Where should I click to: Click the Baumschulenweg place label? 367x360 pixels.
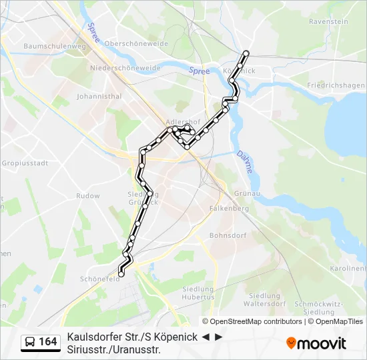(45, 46)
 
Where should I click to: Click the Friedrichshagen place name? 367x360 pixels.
(336, 85)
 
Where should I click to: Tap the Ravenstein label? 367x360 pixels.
(329, 21)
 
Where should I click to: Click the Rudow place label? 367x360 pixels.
(88, 196)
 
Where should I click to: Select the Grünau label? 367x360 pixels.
(247, 193)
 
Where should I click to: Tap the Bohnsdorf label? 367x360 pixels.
(228, 235)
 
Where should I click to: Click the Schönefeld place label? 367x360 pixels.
(99, 279)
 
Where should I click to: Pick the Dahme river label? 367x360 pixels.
(245, 162)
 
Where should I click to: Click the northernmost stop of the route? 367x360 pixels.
(246, 53)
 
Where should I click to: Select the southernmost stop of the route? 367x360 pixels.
(121, 273)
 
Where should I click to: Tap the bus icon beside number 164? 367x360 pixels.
(31, 342)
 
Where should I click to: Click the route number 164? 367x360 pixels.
(48, 342)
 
